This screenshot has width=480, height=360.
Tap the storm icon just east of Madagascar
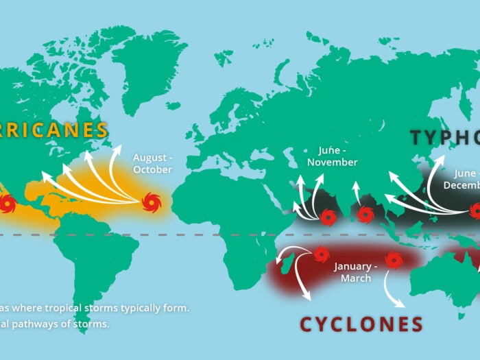[320, 255]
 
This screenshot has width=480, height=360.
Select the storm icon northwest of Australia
[393, 260]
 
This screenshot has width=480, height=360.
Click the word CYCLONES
[361, 324]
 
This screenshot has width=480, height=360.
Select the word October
[153, 169]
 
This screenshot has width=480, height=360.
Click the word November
[333, 163]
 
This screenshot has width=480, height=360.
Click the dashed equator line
[206, 235]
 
